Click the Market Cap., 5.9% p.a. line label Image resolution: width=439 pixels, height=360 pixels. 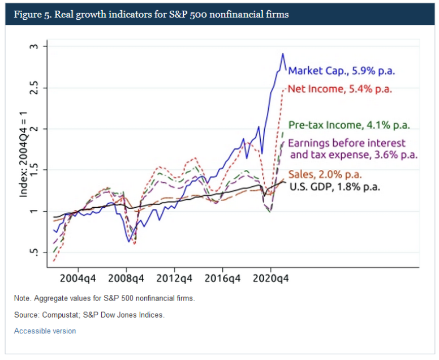pos(341,71)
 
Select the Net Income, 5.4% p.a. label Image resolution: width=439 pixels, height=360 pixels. pos(340,89)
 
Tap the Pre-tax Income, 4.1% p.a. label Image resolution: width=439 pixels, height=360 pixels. pos(350,125)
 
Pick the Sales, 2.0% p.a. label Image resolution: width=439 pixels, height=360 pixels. pos(325,174)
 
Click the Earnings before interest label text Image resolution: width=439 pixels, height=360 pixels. pos(347,143)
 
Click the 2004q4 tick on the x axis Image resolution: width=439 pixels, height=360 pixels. pos(78,279)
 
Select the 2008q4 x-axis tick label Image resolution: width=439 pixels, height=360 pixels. pos(126,279)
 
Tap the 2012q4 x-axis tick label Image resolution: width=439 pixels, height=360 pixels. pos(174,279)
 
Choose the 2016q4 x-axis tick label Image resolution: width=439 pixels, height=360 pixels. pos(222,279)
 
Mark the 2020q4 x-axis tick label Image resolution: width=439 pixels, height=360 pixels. pos(270,279)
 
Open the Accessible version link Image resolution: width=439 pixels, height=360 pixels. pos(45,331)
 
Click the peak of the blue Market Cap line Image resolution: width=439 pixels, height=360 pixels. pos(283,54)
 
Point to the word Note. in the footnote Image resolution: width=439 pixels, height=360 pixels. pos(23,298)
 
